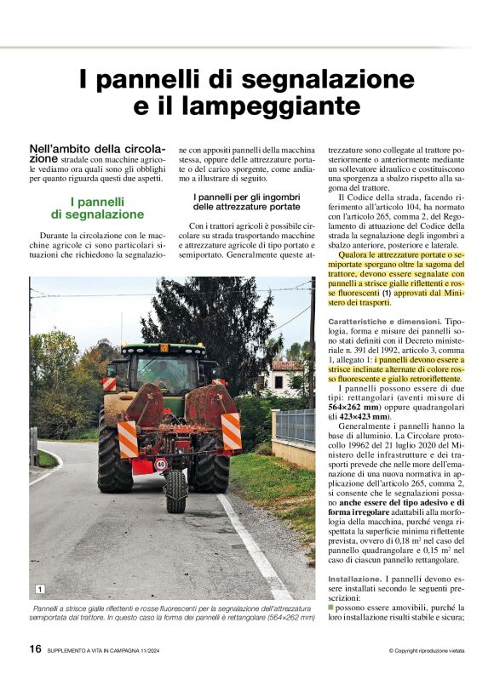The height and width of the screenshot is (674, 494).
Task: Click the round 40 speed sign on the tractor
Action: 160,466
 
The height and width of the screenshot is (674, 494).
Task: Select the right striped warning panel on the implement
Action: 232,431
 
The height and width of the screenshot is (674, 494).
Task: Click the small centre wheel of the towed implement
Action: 175,491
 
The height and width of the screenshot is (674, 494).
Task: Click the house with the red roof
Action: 284,375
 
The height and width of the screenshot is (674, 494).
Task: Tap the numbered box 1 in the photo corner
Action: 39,589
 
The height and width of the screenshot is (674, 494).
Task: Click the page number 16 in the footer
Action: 35,648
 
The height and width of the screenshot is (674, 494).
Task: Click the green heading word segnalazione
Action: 96,214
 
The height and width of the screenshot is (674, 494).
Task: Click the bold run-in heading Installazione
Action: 356,578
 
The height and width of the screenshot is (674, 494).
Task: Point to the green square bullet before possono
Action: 330,608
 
